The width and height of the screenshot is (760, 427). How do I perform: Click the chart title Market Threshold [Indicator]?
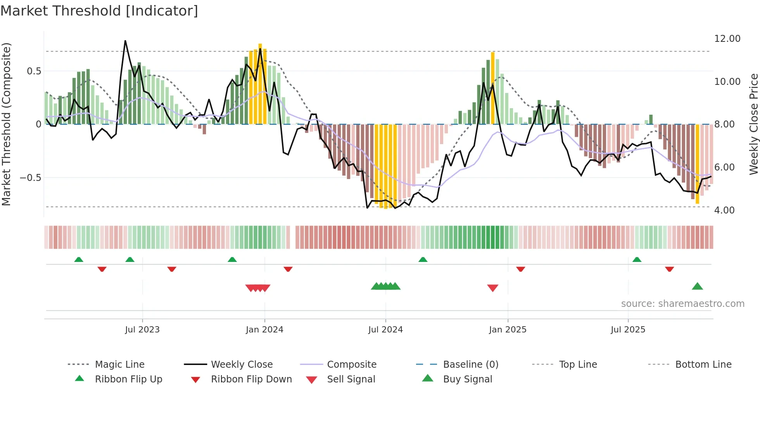[99, 11]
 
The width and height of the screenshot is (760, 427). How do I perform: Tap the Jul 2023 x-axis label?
[142, 330]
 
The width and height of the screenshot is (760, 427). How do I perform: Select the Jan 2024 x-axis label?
[264, 330]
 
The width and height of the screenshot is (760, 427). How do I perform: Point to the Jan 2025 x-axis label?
[508, 330]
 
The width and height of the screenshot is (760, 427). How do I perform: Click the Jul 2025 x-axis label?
[628, 330]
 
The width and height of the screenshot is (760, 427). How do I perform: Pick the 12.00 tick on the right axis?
[727, 39]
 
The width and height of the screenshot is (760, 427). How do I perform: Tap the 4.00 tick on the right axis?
[724, 210]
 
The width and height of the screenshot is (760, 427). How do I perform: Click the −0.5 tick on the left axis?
[30, 178]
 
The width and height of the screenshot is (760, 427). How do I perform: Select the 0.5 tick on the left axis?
[34, 71]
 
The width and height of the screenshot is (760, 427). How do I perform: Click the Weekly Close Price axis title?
[753, 124]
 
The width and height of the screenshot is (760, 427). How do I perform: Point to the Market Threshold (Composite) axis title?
[6, 124]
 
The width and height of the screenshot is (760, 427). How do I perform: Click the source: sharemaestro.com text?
[682, 304]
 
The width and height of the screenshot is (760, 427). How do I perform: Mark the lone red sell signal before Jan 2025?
[492, 288]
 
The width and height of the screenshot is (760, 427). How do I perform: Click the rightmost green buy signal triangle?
[697, 287]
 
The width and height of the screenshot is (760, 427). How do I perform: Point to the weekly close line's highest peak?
[125, 41]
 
